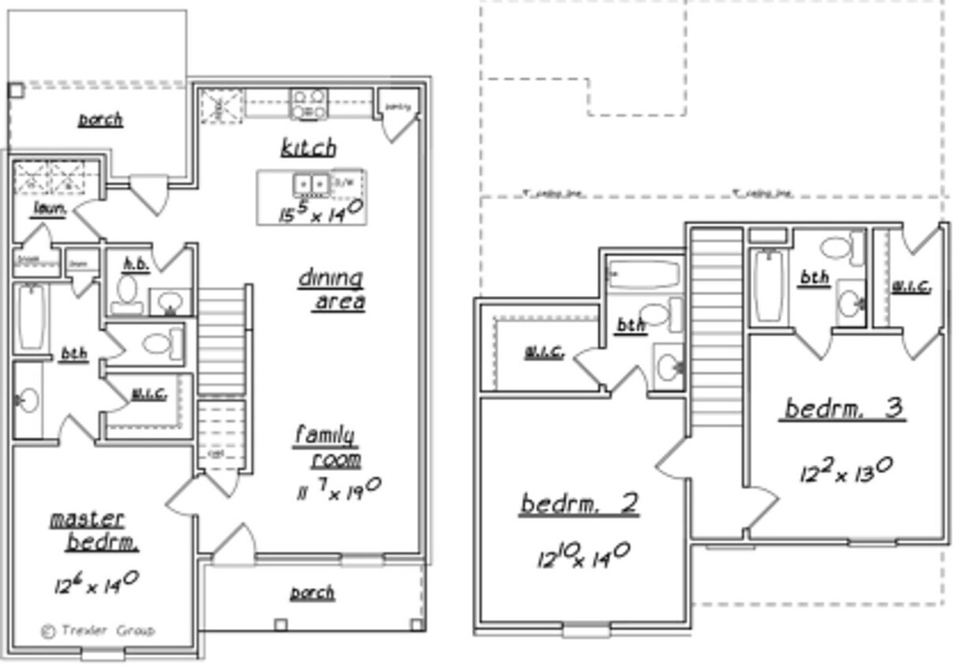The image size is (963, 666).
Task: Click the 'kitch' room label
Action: point(308,148)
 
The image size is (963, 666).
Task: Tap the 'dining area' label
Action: point(332,290)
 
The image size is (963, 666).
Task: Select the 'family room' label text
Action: point(328,447)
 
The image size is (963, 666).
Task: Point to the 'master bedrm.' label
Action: point(92,530)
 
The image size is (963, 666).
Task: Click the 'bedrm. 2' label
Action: point(579,503)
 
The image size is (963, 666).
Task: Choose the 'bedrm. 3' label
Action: point(843,409)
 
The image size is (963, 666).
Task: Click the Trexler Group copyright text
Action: point(98,630)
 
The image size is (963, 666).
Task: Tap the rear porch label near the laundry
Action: point(100,120)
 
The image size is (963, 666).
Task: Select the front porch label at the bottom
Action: point(312,593)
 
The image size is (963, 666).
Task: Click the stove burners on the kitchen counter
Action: point(309,104)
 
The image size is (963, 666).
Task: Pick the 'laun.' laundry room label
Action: point(49,208)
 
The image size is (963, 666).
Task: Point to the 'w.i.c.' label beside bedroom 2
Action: point(544,353)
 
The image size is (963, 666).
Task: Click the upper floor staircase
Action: point(716,327)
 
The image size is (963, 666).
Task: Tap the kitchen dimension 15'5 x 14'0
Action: point(320,211)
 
